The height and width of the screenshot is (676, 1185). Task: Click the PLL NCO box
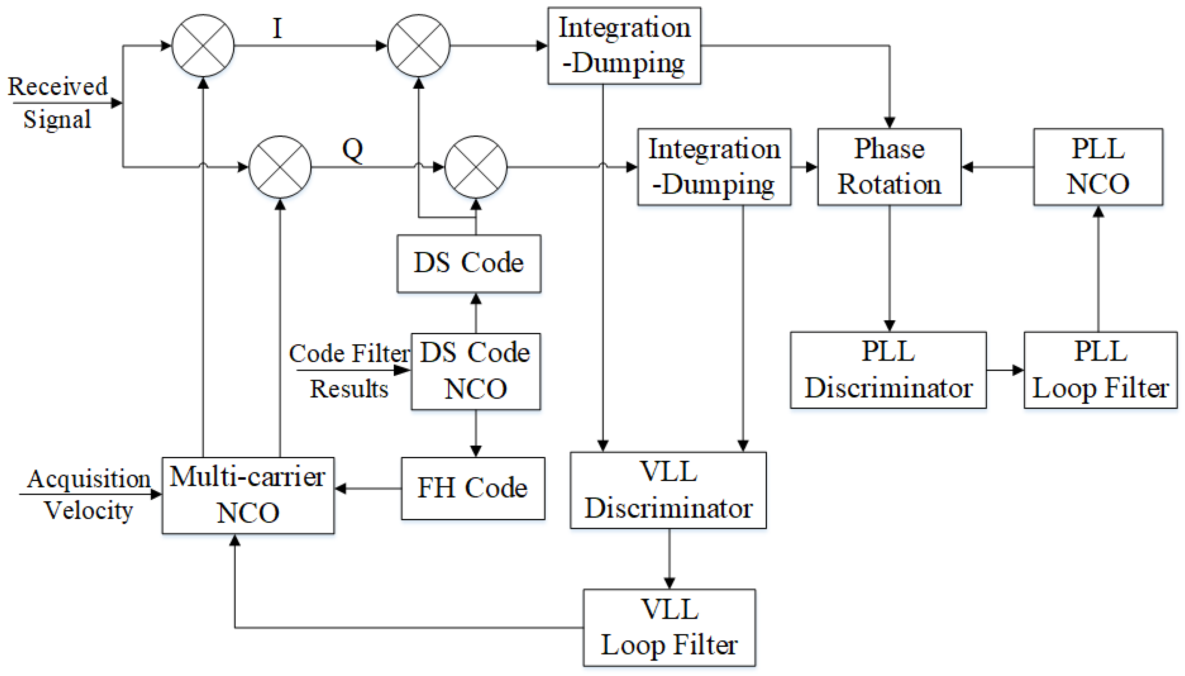coord(1098,167)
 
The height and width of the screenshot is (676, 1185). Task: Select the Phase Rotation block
coord(889,167)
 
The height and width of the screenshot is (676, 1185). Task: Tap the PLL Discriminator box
coord(888,369)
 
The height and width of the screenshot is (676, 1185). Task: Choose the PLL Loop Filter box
coord(1100,369)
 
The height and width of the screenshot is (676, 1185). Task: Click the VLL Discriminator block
coord(668,490)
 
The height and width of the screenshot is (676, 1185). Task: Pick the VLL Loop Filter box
coord(669,627)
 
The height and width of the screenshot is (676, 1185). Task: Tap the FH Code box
coord(472,488)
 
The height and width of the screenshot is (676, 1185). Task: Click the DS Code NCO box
coord(475,371)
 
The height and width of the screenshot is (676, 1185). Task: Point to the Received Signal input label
coord(58,103)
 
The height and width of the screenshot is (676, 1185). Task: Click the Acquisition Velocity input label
coord(88,494)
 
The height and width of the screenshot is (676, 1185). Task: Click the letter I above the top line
coord(277,29)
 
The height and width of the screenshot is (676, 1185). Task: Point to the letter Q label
coord(353,150)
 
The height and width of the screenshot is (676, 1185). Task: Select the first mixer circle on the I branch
coord(203,45)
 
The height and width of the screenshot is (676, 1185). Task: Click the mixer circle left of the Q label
coord(280,167)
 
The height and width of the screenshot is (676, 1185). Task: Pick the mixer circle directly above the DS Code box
coord(475,167)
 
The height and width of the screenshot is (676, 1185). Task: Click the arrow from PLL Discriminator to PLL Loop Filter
coord(1004,370)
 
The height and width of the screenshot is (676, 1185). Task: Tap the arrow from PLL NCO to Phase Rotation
coord(997,167)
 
